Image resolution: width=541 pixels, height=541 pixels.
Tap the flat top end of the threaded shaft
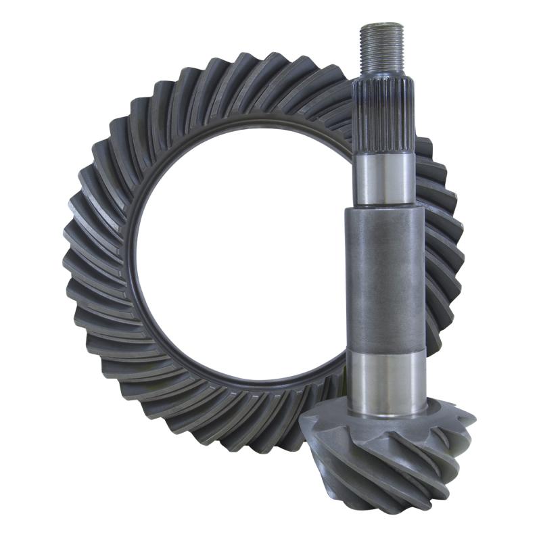click(382, 25)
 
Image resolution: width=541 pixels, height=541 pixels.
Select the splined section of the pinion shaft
click(383, 108)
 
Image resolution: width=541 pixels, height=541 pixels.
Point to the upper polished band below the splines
click(384, 179)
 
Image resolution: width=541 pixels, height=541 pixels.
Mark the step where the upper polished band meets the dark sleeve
click(384, 207)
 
